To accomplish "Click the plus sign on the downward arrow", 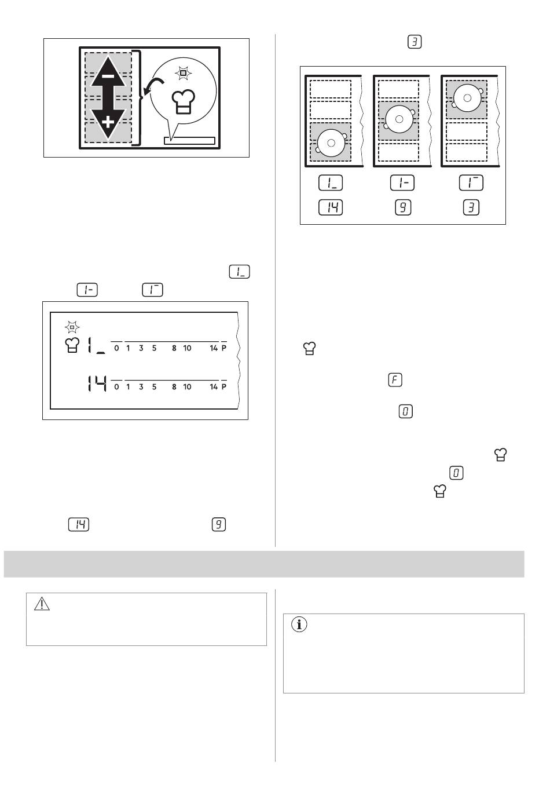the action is click(108, 123).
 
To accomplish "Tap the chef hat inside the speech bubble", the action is click(183, 101).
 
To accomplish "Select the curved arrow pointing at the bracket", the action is click(153, 85).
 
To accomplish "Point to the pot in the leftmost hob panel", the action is click(331, 143).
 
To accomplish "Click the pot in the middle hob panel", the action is click(399, 119).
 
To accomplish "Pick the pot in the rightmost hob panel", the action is click(467, 98).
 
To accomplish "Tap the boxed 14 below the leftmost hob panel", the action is click(331, 207).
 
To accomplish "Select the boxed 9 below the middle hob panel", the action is click(402, 207).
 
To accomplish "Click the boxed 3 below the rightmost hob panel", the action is click(471, 207).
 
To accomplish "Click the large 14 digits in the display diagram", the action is click(97, 384).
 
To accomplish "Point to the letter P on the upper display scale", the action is click(223, 348).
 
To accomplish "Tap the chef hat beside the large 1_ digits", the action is click(72, 345).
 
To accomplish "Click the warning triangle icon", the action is click(42, 604).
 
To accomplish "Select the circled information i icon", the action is click(299, 625).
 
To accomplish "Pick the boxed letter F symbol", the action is click(395, 380).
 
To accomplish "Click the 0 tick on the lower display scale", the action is click(116, 387).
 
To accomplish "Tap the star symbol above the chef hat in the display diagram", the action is click(72, 327).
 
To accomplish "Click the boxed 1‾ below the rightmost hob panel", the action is click(471, 182).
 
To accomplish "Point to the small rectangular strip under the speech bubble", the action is click(190, 141).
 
